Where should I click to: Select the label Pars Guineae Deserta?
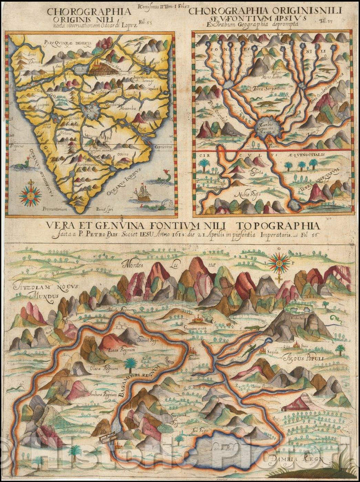[68, 43]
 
